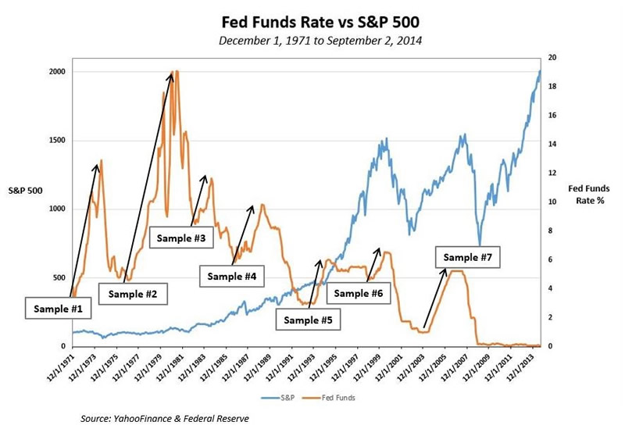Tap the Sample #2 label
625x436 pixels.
133,295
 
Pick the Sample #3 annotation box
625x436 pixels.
182,238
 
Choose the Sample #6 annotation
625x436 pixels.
359,293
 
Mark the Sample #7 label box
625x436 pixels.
466,256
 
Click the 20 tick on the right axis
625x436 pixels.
552,58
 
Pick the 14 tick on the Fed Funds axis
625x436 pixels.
552,145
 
